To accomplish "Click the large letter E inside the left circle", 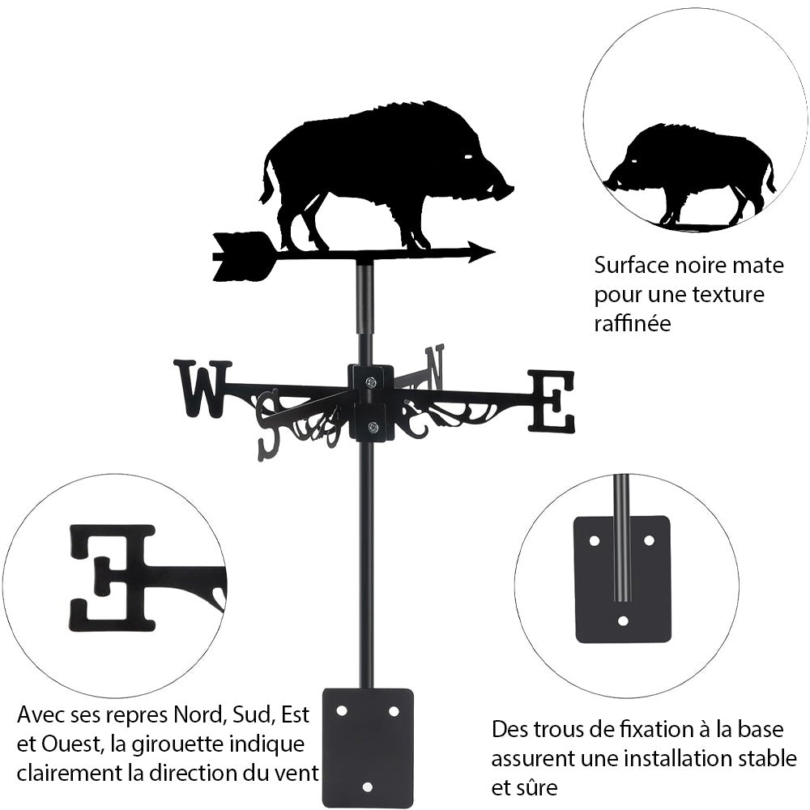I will coord(113,578).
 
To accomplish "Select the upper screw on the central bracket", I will coord(371,382).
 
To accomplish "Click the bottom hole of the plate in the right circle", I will coord(622,621).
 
